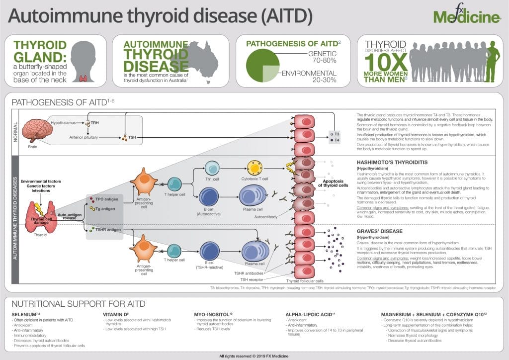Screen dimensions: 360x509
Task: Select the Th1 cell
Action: coord(212,169)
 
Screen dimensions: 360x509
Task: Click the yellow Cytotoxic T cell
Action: coord(255,169)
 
